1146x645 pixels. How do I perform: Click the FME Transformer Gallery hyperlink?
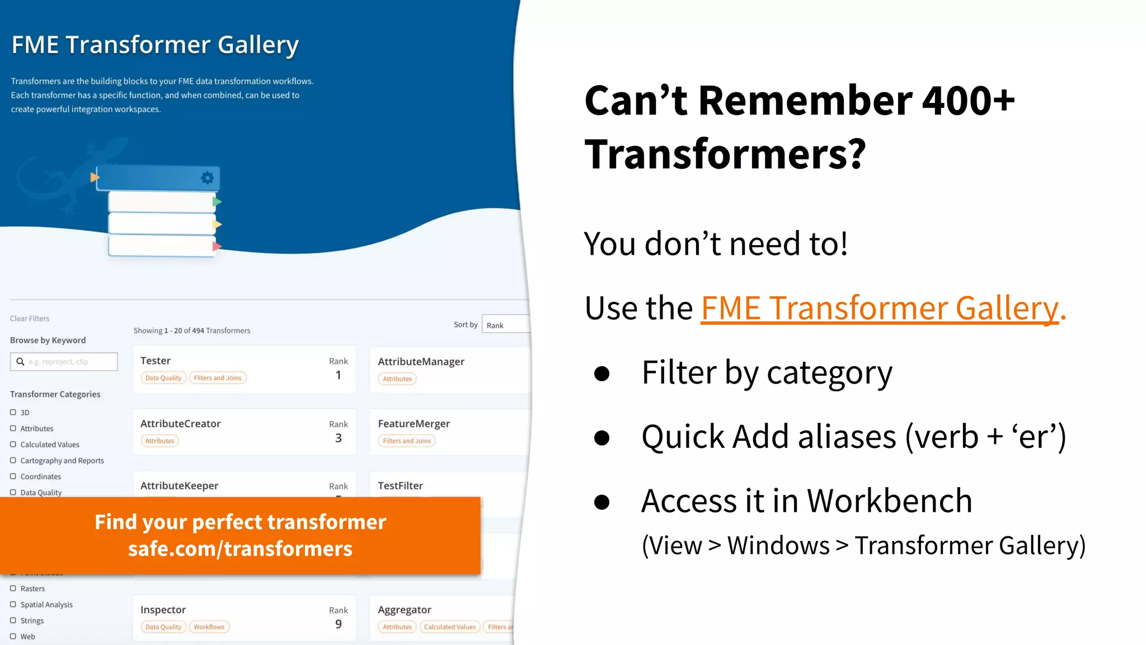[879, 308]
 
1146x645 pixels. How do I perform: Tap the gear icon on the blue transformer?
[207, 178]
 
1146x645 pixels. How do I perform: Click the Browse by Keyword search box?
[64, 362]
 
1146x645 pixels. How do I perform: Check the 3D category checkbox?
[13, 412]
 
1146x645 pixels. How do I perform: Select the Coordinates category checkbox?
[13, 476]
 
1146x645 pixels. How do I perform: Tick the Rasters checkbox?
[13, 588]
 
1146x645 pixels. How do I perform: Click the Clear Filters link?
[30, 319]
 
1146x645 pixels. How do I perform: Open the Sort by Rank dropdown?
[505, 325]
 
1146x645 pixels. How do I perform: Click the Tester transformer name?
[156, 361]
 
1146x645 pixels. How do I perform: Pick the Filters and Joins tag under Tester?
[218, 378]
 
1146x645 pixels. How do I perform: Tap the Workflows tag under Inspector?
[209, 627]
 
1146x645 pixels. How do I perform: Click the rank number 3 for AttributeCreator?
[338, 438]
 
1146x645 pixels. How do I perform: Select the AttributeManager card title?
[421, 362]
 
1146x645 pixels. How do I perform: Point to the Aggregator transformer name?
[404, 610]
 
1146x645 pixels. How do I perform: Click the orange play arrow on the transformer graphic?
[95, 177]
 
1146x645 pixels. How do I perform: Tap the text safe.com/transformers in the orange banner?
[240, 549]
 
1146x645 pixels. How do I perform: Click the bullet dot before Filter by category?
[602, 373]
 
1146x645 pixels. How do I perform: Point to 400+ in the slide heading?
[968, 101]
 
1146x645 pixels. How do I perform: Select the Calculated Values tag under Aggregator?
[449, 627]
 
